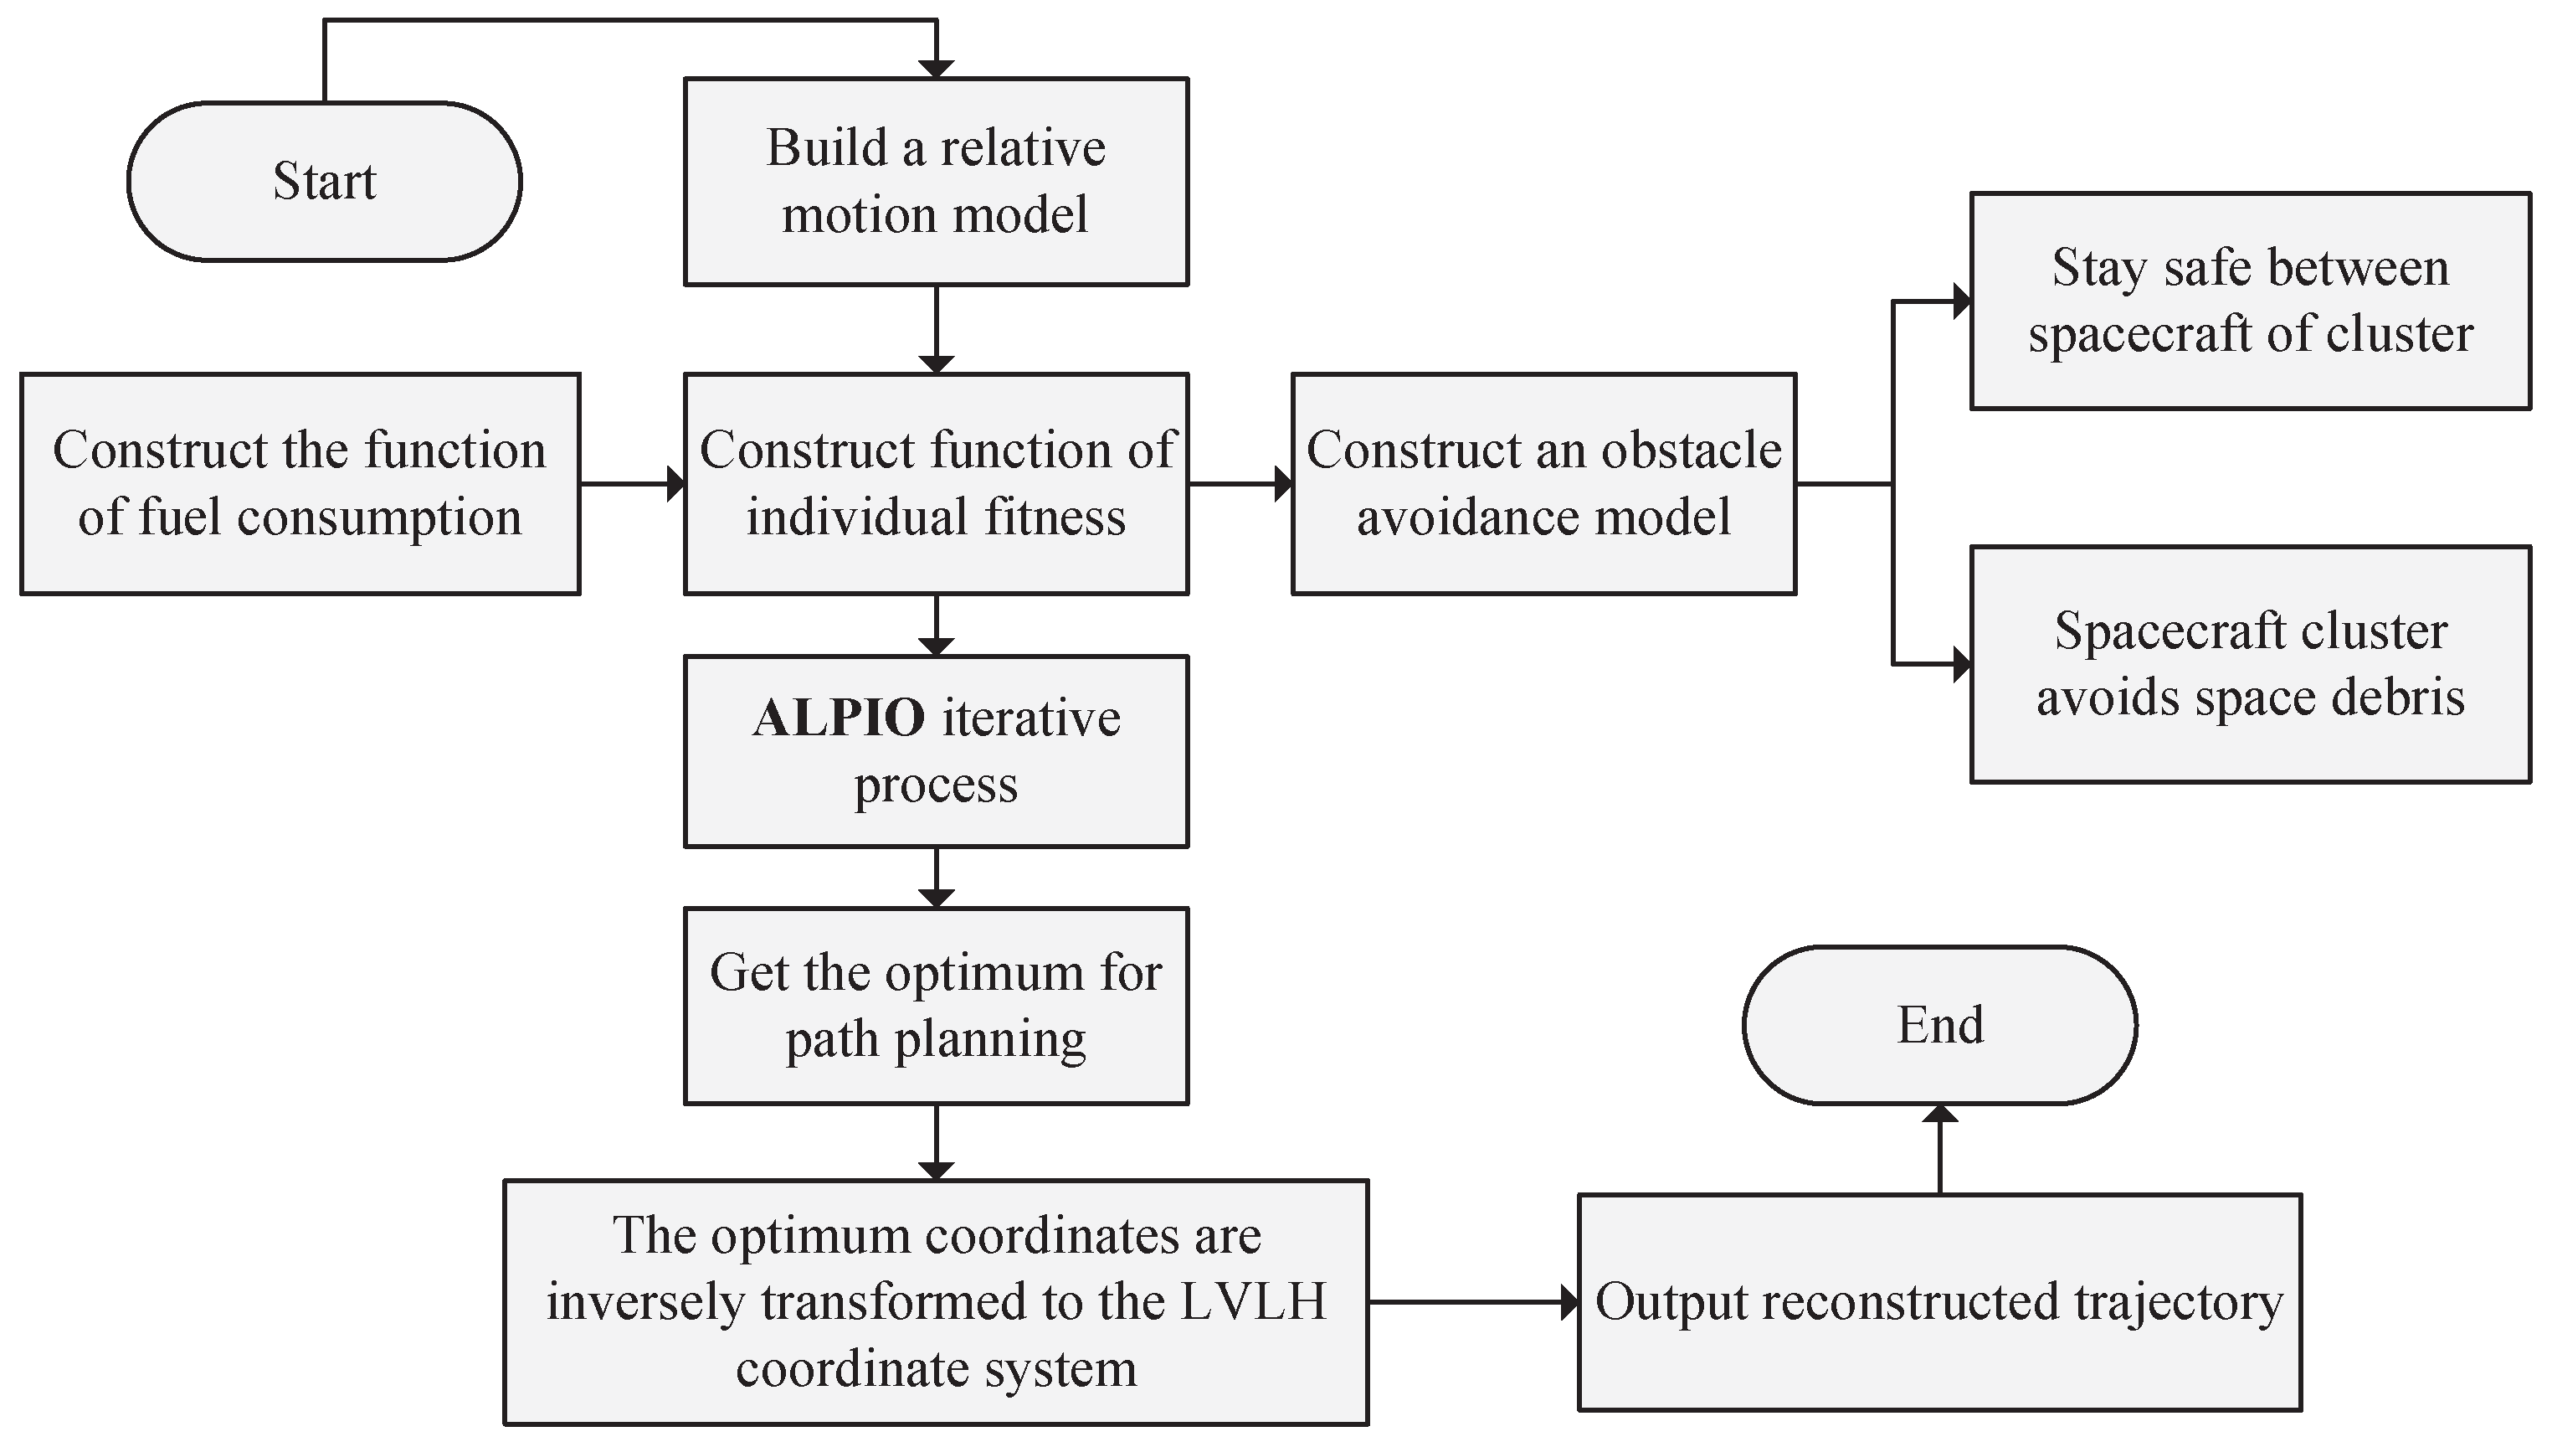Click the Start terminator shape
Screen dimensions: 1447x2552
click(324, 182)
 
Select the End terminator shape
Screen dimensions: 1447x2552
click(1939, 1025)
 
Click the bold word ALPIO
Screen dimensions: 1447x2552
click(839, 718)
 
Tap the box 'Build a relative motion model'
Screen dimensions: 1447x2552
click(936, 182)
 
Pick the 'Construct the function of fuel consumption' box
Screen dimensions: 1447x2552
click(300, 484)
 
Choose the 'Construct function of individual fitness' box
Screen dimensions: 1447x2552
click(936, 484)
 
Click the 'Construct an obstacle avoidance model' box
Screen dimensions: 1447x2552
click(1543, 484)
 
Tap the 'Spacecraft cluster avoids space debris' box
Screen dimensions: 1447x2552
click(2250, 664)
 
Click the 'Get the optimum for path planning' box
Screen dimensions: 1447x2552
click(936, 1005)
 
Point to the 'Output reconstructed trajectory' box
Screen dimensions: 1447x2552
click(1939, 1302)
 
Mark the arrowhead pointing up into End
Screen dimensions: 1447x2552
click(1939, 1114)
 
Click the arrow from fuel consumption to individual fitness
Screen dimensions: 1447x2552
click(632, 484)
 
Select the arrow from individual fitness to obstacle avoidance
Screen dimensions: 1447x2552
click(1240, 484)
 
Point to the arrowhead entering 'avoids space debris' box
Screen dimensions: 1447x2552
click(1961, 664)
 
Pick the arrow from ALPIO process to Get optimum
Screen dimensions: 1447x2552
click(936, 877)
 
